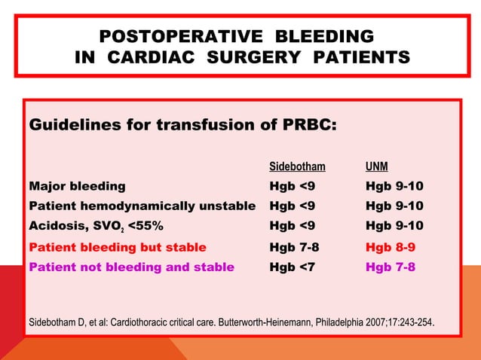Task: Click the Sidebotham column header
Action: click(297, 166)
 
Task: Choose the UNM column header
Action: click(377, 166)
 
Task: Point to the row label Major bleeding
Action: click(77, 186)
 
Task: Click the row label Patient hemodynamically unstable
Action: click(142, 206)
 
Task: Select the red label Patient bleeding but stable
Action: click(117, 246)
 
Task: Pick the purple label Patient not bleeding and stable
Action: click(131, 267)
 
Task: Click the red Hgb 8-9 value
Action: click(390, 246)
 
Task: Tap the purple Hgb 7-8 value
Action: click(390, 267)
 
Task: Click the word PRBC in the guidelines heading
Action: click(308, 125)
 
